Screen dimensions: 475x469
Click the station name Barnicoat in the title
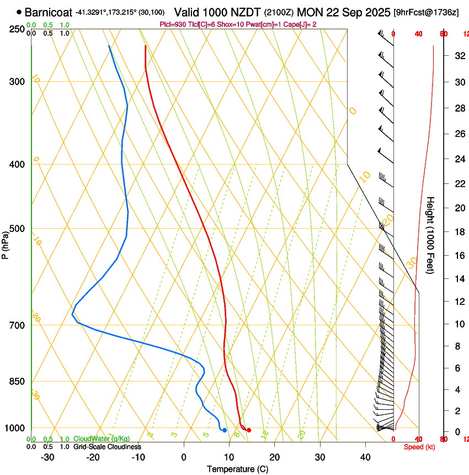tap(49, 12)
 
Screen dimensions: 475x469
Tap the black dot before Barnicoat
tap(19, 12)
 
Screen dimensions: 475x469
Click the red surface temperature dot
tap(249, 430)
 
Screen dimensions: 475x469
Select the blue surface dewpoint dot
tap(225, 430)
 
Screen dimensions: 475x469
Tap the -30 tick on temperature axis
tap(47, 457)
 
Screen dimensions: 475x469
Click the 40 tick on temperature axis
tap(365, 457)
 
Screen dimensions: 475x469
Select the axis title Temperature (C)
tap(237, 469)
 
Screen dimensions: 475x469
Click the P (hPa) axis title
tap(6, 243)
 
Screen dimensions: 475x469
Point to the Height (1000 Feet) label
tap(430, 235)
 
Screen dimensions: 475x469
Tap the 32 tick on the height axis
tap(458, 56)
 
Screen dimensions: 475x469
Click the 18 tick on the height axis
tap(458, 232)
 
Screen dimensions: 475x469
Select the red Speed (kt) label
tap(419, 447)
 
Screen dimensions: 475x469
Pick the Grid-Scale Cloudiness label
tap(107, 447)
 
